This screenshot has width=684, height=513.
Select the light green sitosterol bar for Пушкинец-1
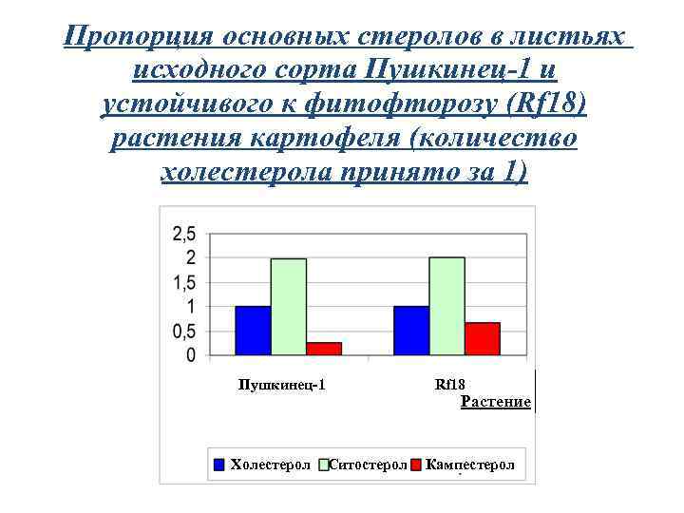click(x=288, y=307)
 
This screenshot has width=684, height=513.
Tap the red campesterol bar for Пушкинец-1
click(x=323, y=349)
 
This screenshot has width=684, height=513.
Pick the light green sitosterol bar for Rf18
click(x=446, y=306)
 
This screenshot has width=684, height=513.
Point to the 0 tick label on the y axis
click(x=191, y=355)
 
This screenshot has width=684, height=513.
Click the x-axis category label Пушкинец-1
click(x=281, y=385)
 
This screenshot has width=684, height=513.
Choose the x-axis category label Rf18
click(x=449, y=385)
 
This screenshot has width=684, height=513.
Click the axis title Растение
click(x=495, y=402)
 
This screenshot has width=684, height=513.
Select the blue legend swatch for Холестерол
click(x=219, y=465)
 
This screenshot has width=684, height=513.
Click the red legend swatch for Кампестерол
click(x=415, y=465)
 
